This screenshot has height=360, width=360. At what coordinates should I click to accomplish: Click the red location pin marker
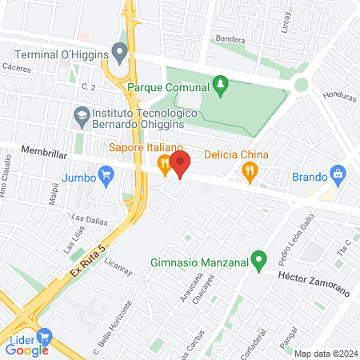point(179,163)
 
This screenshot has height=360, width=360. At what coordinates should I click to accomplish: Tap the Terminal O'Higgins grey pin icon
point(120,54)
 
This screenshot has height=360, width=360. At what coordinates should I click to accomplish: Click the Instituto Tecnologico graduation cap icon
point(82,116)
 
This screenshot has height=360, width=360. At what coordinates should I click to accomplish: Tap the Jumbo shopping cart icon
point(105,174)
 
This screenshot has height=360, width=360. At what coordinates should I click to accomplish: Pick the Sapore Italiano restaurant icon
point(164,166)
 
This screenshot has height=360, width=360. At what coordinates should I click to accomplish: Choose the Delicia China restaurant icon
point(250,169)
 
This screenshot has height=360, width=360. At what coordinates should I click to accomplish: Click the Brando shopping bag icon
point(338,174)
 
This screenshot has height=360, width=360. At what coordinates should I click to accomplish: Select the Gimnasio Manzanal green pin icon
point(258,260)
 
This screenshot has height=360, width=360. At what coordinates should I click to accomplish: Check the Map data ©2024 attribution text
point(326,354)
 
